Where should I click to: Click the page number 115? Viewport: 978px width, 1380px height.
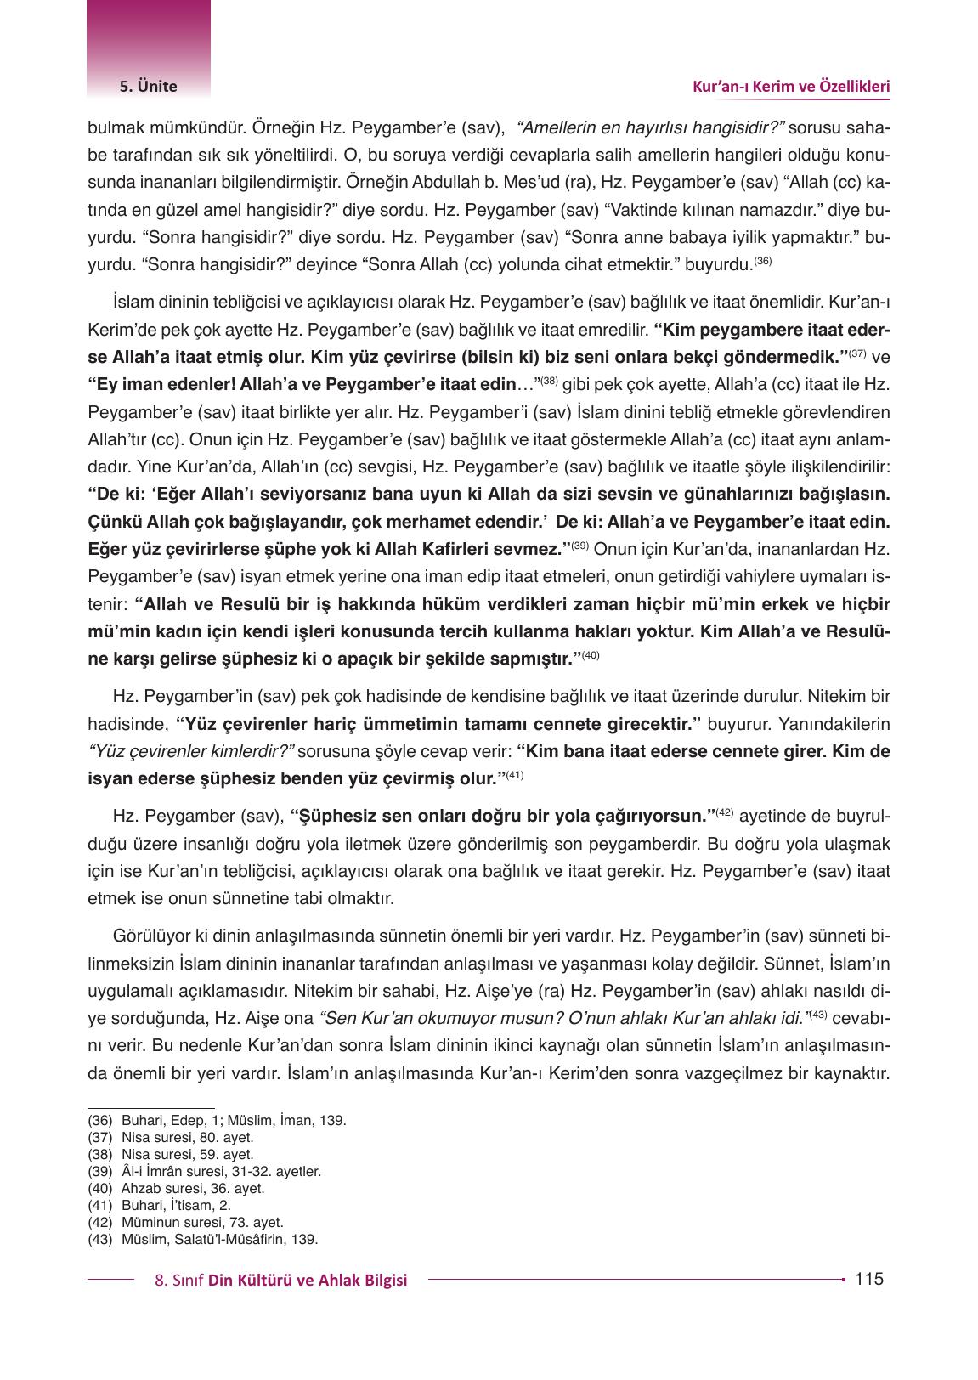pos(869,1278)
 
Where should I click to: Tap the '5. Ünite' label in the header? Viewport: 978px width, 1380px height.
pos(148,86)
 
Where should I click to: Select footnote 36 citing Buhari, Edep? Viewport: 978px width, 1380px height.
pos(217,1120)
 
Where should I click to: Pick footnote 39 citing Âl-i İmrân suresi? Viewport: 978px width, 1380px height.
pos(204,1171)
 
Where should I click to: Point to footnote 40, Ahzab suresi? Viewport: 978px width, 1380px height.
pos(176,1188)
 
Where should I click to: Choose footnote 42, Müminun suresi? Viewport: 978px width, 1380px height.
pos(185,1222)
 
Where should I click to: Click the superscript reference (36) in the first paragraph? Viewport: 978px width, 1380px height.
pos(762,261)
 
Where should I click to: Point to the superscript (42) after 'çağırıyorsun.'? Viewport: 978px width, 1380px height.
pos(724,812)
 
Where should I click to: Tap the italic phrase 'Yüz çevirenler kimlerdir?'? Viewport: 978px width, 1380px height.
pos(192,752)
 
